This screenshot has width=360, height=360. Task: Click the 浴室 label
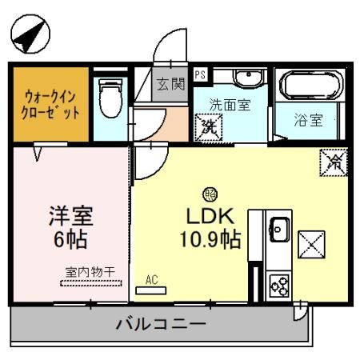(x=309, y=122)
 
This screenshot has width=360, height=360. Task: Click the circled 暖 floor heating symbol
(x=210, y=194)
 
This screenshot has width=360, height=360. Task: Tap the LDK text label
(x=210, y=215)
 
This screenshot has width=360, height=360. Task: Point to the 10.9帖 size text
(x=211, y=238)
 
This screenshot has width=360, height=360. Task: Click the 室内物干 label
(x=88, y=272)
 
